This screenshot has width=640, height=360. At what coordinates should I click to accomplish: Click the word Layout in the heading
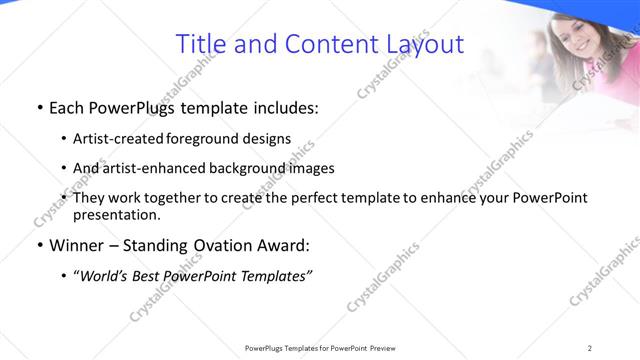point(424,44)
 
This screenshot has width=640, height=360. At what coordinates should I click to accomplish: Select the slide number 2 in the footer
point(589,347)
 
